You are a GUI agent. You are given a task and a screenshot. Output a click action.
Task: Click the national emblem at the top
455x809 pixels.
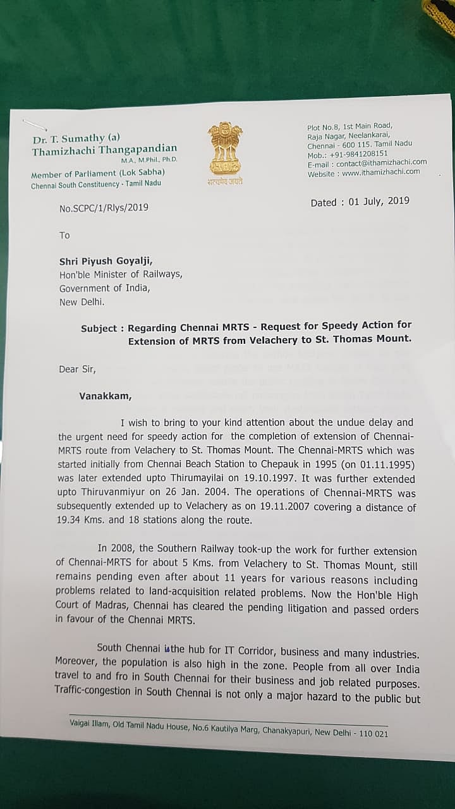(224, 150)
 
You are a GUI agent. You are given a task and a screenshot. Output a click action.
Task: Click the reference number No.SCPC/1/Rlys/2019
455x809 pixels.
(104, 207)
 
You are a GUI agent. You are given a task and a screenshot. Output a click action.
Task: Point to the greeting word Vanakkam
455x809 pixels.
(106, 396)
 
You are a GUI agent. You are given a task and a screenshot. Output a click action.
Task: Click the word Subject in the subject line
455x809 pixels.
(99, 329)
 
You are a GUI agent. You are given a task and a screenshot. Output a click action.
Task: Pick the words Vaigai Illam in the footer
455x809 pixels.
(89, 726)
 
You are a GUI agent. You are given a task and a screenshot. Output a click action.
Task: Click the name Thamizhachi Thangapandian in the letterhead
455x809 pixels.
(104, 150)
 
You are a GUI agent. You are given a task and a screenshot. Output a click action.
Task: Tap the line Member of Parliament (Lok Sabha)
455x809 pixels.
(98, 173)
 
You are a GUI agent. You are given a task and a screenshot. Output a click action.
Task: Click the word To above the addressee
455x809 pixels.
(64, 235)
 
